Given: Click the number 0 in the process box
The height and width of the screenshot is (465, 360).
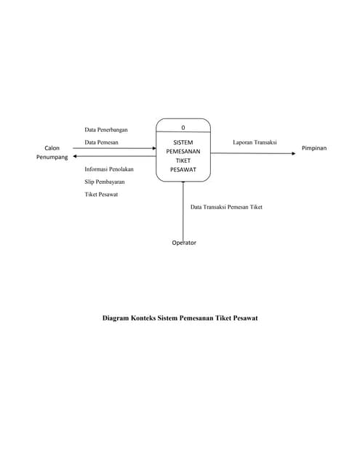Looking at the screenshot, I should tap(183, 128).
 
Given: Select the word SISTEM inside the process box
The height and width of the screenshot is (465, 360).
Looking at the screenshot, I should tap(183, 143).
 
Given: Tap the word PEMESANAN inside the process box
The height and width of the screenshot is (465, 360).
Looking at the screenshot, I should tap(183, 152).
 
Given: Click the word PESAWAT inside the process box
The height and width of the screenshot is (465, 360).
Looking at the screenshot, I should tap(183, 170).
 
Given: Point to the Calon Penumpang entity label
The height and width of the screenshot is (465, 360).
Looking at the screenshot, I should tap(52, 152).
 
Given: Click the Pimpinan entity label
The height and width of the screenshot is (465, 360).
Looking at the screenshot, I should tap(314, 148).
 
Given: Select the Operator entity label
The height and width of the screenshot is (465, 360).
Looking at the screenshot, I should tap(184, 243).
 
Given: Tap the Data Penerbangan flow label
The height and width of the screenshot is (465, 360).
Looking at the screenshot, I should tap(106, 129).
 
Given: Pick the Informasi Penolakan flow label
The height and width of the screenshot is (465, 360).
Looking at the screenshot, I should tap(109, 169).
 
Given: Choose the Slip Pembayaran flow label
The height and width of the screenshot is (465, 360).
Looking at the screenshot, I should tap(105, 181).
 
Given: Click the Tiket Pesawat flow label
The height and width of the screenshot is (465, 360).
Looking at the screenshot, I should tap(102, 194).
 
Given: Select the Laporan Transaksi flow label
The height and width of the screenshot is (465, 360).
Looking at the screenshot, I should tap(255, 142).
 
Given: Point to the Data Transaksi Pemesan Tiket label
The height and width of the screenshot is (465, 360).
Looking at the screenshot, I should tap(226, 207).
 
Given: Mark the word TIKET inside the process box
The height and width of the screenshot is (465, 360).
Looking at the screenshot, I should tap(183, 161).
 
